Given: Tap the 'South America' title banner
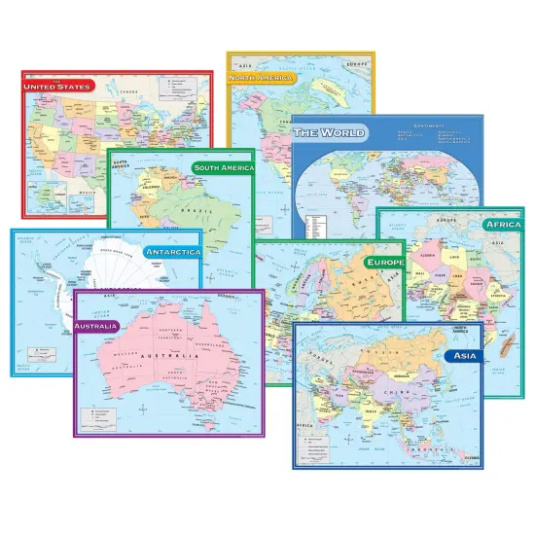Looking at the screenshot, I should pos(223,167).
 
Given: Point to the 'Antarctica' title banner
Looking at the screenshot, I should pos(172,252).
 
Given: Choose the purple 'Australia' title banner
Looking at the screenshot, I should pos(95,326).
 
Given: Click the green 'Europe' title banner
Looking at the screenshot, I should pos(384,263).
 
